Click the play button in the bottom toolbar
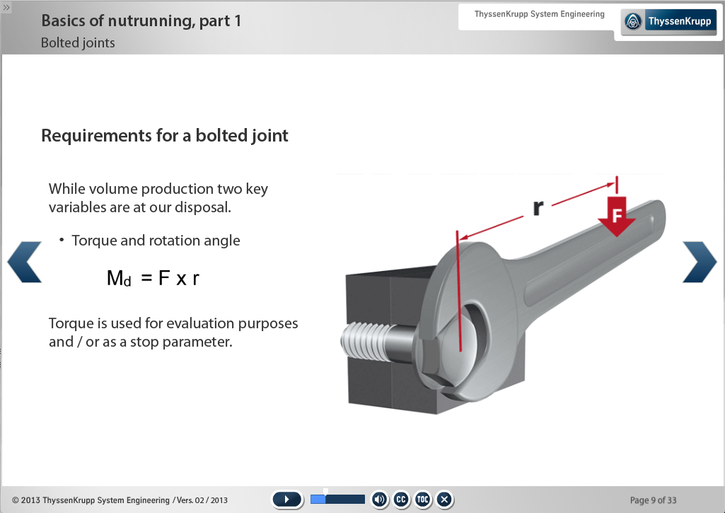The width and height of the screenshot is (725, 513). (x=287, y=500)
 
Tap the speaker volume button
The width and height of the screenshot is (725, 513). (x=380, y=500)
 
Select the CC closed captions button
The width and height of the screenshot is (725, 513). (x=401, y=500)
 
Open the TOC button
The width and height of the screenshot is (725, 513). (x=422, y=500)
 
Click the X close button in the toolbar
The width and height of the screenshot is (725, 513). (x=444, y=500)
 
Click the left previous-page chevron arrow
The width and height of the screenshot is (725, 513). (x=24, y=262)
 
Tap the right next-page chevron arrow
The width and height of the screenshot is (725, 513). (x=700, y=262)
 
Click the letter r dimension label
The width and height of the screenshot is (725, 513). (x=538, y=207)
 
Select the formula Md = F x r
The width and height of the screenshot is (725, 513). (x=153, y=279)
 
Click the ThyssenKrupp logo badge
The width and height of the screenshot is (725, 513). (x=668, y=21)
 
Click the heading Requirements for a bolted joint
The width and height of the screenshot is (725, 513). (x=165, y=136)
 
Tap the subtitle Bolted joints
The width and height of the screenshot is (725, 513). (x=78, y=43)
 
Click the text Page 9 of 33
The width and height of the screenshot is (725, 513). (x=653, y=500)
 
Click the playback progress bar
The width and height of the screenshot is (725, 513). (x=337, y=499)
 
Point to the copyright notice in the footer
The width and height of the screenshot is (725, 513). (x=120, y=500)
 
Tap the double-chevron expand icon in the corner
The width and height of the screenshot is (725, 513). (x=6, y=7)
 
